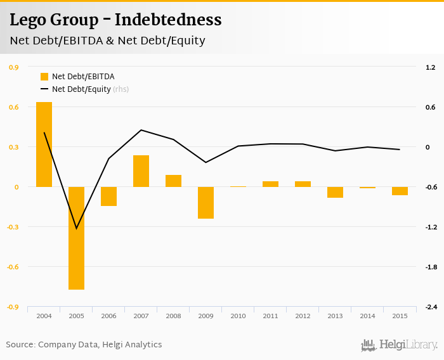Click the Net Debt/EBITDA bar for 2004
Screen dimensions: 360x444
tap(44, 144)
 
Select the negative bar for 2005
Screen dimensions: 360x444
tap(76, 238)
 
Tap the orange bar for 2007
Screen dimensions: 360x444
tap(141, 170)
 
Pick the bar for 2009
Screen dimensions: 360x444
tap(206, 202)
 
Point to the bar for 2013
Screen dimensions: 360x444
tap(335, 192)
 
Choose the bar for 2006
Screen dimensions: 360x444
tap(108, 196)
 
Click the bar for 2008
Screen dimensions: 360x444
tap(173, 181)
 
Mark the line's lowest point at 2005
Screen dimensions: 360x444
tap(76, 228)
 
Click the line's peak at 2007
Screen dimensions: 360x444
tap(141, 130)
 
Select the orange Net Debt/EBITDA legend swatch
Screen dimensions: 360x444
tap(44, 77)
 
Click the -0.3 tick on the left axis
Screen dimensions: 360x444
tap(13, 227)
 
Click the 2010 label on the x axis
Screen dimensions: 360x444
tap(238, 316)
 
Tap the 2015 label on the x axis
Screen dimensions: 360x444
tap(400, 316)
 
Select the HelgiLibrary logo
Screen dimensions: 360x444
tap(400, 345)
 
